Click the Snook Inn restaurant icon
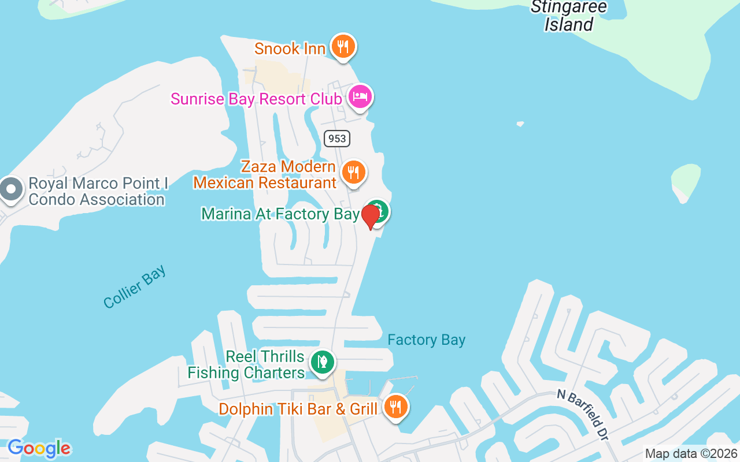point(343,46)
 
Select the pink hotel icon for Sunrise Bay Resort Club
point(360,96)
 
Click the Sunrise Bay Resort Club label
point(256,99)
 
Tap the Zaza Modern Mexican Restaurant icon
point(353,172)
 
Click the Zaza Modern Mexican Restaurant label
point(265,175)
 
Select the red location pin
point(370,217)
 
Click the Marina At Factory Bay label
point(280,214)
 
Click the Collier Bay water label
point(135,286)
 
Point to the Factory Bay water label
point(426,340)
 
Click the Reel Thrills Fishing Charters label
point(247,364)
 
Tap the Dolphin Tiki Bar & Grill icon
point(395,407)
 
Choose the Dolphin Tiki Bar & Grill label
point(298,409)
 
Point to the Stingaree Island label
point(569,16)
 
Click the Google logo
point(39,448)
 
